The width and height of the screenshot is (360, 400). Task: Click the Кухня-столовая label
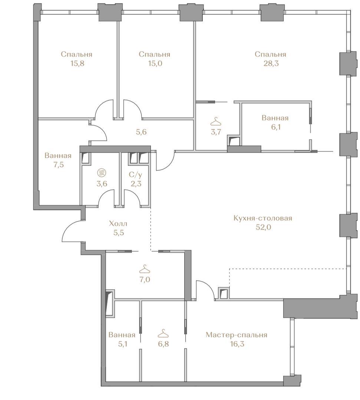pos(263,219)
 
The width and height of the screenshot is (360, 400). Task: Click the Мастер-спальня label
pos(237,335)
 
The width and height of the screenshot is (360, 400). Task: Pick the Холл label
pos(118,224)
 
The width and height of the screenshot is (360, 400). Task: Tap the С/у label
pos(135,175)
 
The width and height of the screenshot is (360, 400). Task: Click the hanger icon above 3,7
pos(216,121)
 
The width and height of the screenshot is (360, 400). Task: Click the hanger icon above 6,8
pos(163,334)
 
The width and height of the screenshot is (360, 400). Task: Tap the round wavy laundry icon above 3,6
pos(101,173)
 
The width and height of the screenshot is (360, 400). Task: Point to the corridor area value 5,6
pos(141,132)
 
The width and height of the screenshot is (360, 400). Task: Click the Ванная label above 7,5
pos(58,156)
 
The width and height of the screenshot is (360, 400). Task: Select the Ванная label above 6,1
pos(275,118)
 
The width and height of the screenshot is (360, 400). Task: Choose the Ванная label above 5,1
pos(122,335)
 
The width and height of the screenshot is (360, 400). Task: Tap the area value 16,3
pos(237,344)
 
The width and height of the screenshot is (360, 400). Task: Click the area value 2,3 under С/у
pos(136,184)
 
